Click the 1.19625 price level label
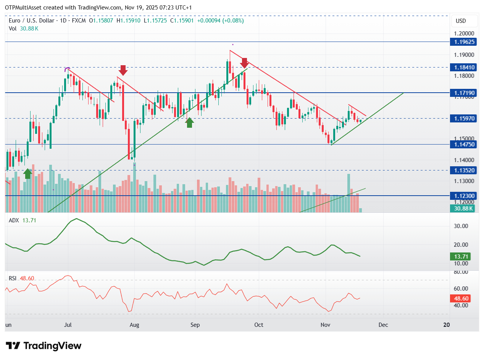pyautogui.click(x=462, y=42)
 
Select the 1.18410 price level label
pyautogui.click(x=462, y=67)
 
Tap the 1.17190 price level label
pyautogui.click(x=462, y=93)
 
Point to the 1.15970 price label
pyautogui.click(x=462, y=119)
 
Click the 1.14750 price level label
pyautogui.click(x=462, y=145)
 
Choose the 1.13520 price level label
pyautogui.click(x=462, y=170)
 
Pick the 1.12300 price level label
pyautogui.click(x=462, y=196)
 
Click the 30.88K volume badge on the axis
pyautogui.click(x=462, y=208)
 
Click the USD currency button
pyautogui.click(x=461, y=21)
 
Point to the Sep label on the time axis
pyautogui.click(x=195, y=325)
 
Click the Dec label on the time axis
pyautogui.click(x=383, y=325)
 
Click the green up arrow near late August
pyautogui.click(x=189, y=122)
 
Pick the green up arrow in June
pyautogui.click(x=27, y=174)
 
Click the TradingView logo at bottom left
pyautogui.click(x=44, y=346)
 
